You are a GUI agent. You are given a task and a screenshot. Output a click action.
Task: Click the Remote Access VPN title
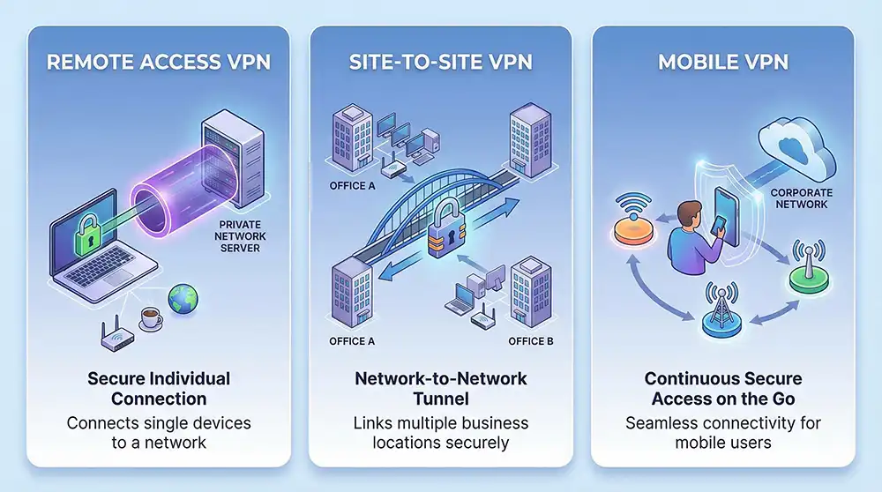[x=158, y=64]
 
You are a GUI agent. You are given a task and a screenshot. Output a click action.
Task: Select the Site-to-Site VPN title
[x=440, y=64]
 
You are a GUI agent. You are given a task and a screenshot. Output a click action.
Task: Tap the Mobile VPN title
[x=722, y=64]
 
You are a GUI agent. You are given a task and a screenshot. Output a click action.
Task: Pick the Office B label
[x=531, y=342]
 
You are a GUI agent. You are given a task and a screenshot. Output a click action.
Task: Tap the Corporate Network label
[x=799, y=198]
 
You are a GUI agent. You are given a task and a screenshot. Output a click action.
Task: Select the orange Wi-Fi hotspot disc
[x=636, y=231]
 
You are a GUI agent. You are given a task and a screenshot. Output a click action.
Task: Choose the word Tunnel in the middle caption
[x=440, y=398]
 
